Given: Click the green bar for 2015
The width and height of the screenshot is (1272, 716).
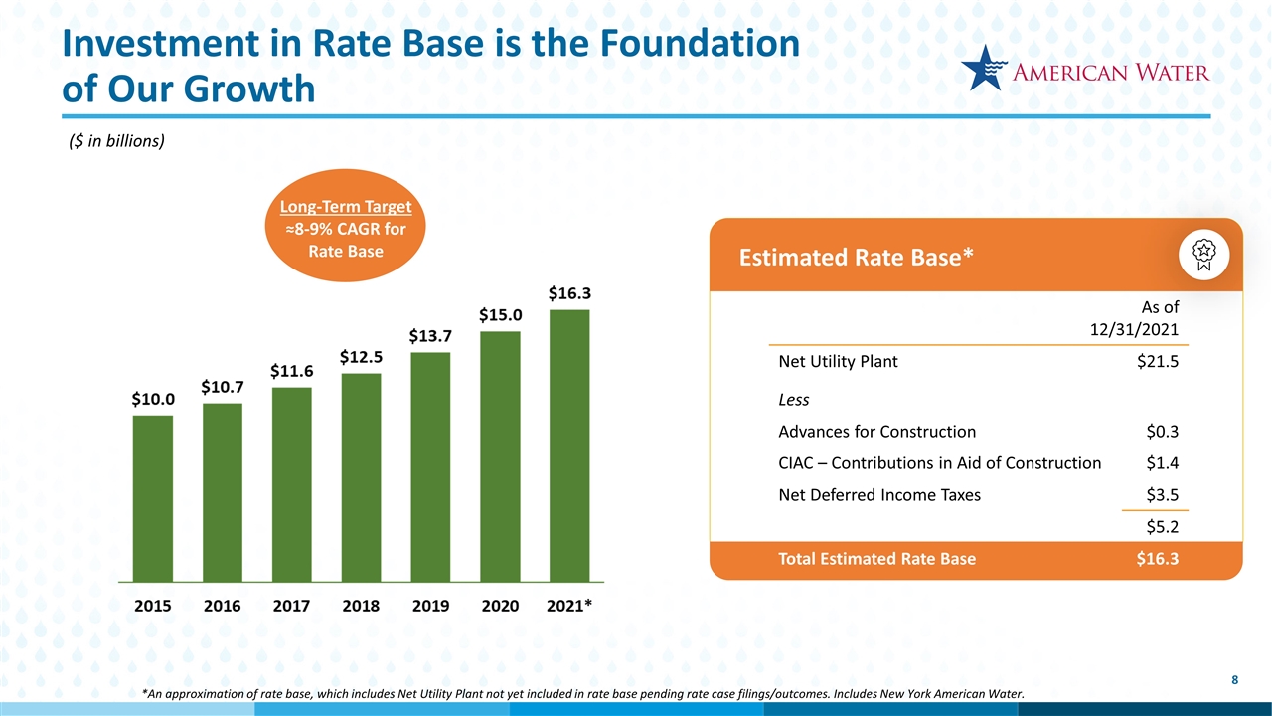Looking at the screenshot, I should tap(152, 497).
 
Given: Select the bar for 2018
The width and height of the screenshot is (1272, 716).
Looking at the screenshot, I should tap(361, 476).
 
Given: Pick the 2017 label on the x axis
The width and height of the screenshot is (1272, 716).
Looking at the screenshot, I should tap(291, 606).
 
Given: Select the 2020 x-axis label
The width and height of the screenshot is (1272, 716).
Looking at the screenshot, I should tap(500, 606).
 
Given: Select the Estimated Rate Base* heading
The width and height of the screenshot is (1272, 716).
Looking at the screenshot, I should tap(856, 257).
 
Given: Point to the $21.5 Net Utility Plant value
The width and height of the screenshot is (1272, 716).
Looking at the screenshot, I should tap(1158, 362).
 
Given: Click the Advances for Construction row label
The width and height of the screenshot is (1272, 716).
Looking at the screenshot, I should tap(876, 432).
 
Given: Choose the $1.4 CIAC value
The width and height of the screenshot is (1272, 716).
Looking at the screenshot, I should tap(1163, 463).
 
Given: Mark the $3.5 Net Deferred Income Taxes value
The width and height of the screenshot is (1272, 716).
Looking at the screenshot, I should tap(1163, 494).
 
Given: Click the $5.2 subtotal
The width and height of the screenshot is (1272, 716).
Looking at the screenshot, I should tap(1163, 526).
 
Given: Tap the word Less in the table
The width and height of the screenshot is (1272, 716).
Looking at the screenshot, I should tap(794, 400).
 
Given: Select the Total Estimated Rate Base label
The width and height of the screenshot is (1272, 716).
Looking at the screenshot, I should tap(876, 559).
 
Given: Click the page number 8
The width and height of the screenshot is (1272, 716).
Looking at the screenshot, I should tap(1234, 680).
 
